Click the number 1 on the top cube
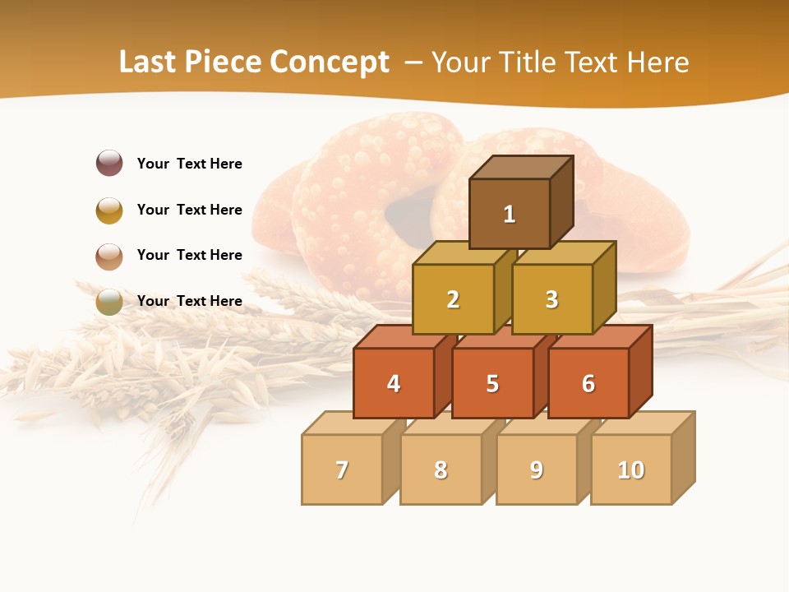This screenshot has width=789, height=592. coord(510,215)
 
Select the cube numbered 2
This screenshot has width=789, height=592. coord(453,300)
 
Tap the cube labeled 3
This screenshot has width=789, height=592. coord(551,300)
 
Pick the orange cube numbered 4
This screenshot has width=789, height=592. coord(394,384)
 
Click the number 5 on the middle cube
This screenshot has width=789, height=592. coord(492,384)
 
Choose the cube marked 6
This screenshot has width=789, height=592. coord(588,384)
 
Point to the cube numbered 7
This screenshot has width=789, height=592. coord(342,470)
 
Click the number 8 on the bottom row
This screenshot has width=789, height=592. coord(441,470)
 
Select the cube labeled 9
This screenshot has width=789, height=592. coord(537,470)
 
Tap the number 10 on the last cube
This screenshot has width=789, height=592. coord(631,470)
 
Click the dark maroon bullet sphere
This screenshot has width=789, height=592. coord(109,163)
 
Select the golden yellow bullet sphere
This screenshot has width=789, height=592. coord(109,210)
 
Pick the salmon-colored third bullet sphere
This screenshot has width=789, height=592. coord(109,256)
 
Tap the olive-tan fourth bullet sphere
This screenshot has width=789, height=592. coord(109,302)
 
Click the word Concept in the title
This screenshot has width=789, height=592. coord(330,62)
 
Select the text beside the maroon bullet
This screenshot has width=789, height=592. coord(190,164)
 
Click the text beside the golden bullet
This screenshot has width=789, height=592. coord(190,210)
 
